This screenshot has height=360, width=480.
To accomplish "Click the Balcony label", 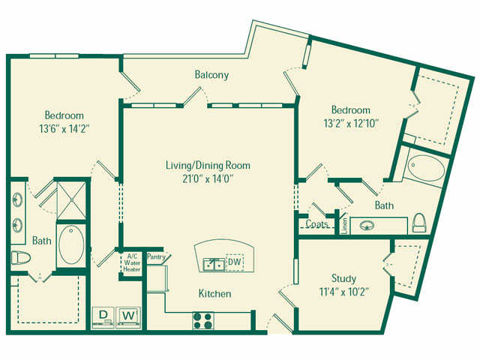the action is pyautogui.click(x=211, y=75).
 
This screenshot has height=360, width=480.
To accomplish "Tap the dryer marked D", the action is pyautogui.click(x=103, y=317).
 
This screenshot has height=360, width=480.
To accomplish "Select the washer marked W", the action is pyautogui.click(x=128, y=317).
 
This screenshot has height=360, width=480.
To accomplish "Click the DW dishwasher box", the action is pyautogui.click(x=235, y=262).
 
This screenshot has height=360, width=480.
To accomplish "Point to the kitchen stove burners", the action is pyautogui.click(x=203, y=320).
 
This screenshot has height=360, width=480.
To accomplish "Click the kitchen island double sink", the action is pyautogui.click(x=214, y=264).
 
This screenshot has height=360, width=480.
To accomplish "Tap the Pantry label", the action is pyautogui.click(x=156, y=256).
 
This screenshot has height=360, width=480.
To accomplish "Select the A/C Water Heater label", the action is pyautogui.click(x=132, y=263).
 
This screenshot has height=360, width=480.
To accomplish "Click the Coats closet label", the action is pyautogui.click(x=317, y=224).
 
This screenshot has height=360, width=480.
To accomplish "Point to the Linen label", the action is pyautogui.click(x=345, y=226).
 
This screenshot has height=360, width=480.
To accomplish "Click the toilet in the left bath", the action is pyautogui.click(x=21, y=258).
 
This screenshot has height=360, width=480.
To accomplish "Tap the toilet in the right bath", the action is pyautogui.click(x=419, y=223).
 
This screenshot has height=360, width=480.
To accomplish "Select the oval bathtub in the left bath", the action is pyautogui.click(x=71, y=244).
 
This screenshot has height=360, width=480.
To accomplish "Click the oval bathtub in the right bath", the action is pyautogui.click(x=427, y=168).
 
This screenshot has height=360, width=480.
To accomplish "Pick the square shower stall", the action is pyautogui.click(x=71, y=200).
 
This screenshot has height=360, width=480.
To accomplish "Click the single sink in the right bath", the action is pyautogui.click(x=367, y=226).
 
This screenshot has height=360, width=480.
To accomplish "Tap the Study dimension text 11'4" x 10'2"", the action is pyautogui.click(x=343, y=292).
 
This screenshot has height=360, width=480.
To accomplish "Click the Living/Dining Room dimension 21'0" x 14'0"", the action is pyautogui.click(x=208, y=178).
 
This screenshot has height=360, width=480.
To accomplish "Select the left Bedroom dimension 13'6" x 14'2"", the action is pyautogui.click(x=64, y=129).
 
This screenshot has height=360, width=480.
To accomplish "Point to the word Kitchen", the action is pyautogui.click(x=215, y=293).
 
